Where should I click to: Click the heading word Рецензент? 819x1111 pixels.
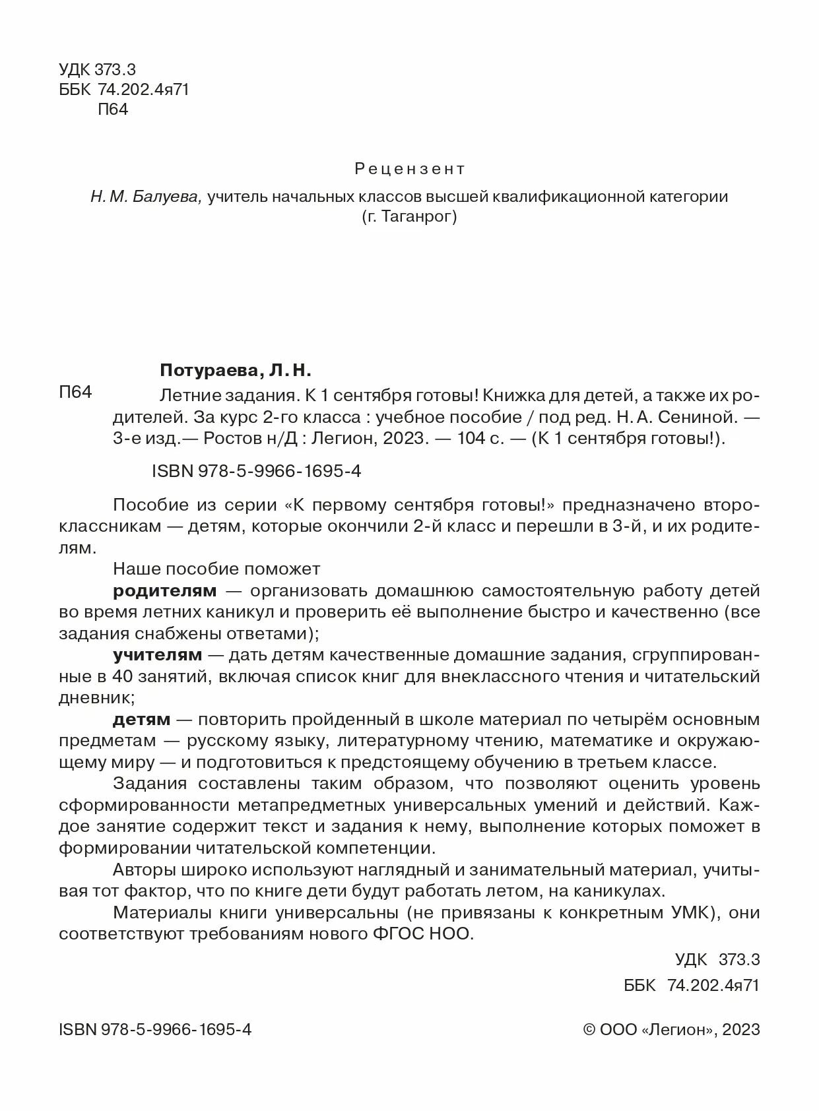(409, 169)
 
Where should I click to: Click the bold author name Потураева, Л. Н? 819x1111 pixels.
(235, 370)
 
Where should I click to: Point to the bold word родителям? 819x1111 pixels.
(164, 590)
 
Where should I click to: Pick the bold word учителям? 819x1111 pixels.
(158, 654)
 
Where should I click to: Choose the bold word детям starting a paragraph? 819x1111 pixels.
(142, 719)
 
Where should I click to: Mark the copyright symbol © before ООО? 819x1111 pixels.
(591, 1030)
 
